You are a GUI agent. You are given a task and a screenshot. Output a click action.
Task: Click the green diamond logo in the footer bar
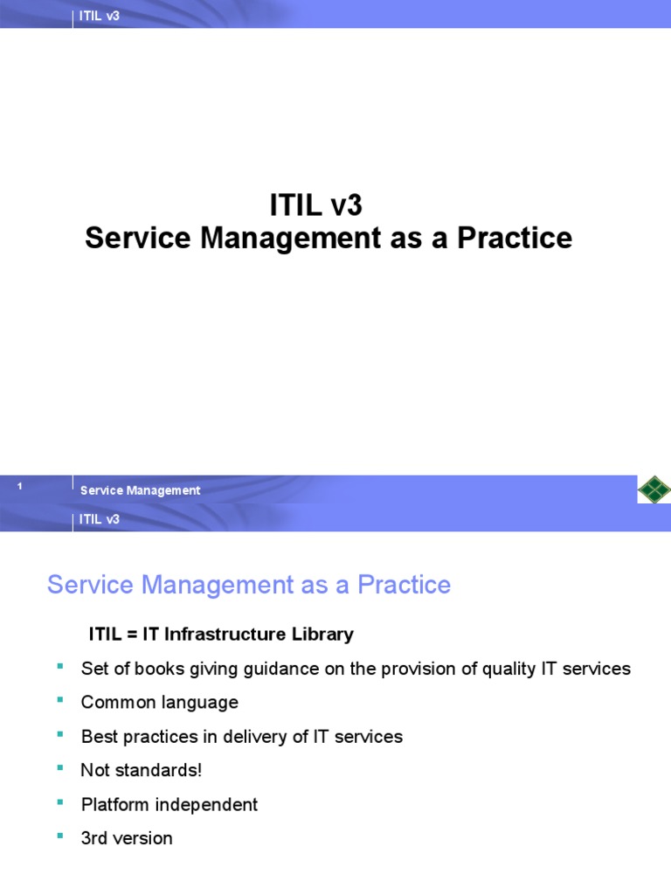point(654,489)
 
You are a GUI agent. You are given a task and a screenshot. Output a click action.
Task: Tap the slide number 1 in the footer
point(19,487)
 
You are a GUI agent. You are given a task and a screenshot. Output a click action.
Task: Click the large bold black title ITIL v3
point(315,207)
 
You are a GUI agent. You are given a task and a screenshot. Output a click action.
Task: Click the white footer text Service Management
point(140,490)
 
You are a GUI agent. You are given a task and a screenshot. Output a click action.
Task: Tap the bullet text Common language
point(159,703)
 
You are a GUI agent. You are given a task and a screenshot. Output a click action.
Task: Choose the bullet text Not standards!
point(142,771)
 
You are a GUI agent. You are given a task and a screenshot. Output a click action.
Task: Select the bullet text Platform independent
point(169,804)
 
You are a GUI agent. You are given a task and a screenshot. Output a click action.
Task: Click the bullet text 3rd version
point(127,838)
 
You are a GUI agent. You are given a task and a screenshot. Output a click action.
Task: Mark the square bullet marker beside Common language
point(60,700)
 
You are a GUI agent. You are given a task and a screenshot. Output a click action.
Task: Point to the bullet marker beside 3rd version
point(60,836)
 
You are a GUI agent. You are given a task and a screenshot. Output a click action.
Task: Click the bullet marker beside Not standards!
point(60,767)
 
